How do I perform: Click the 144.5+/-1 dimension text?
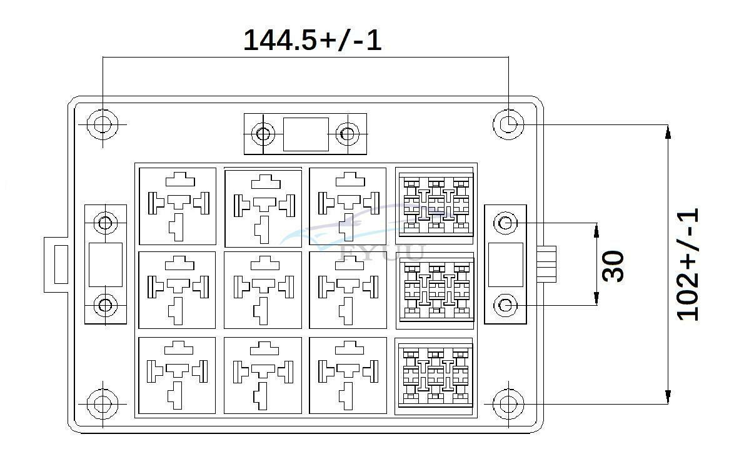click(x=312, y=40)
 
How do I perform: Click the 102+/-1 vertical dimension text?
click(x=688, y=265)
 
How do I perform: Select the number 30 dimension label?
click(x=613, y=266)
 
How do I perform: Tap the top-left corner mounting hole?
click(x=103, y=124)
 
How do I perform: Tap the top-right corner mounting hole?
click(x=508, y=124)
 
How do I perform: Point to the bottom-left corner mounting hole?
click(x=103, y=404)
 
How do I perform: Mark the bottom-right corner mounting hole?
click(x=508, y=404)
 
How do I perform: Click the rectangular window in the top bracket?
click(x=306, y=134)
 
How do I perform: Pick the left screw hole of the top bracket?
click(x=263, y=134)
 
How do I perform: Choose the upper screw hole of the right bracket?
click(x=505, y=223)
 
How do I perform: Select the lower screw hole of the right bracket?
click(x=505, y=305)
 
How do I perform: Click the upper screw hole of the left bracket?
click(x=105, y=223)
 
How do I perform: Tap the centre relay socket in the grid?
click(x=263, y=290)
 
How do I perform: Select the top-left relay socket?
click(x=178, y=206)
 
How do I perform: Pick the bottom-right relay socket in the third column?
click(x=348, y=376)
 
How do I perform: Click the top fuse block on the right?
click(x=435, y=206)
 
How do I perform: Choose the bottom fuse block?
click(x=435, y=376)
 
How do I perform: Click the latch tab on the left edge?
click(x=56, y=265)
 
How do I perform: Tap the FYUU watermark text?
click(x=383, y=253)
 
